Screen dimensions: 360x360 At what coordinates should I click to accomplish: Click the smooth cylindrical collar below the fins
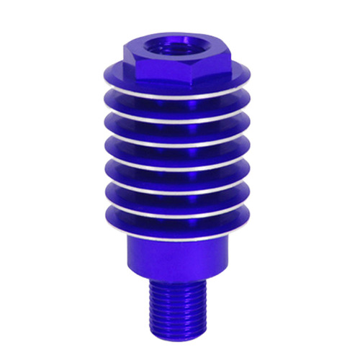[180, 256]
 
